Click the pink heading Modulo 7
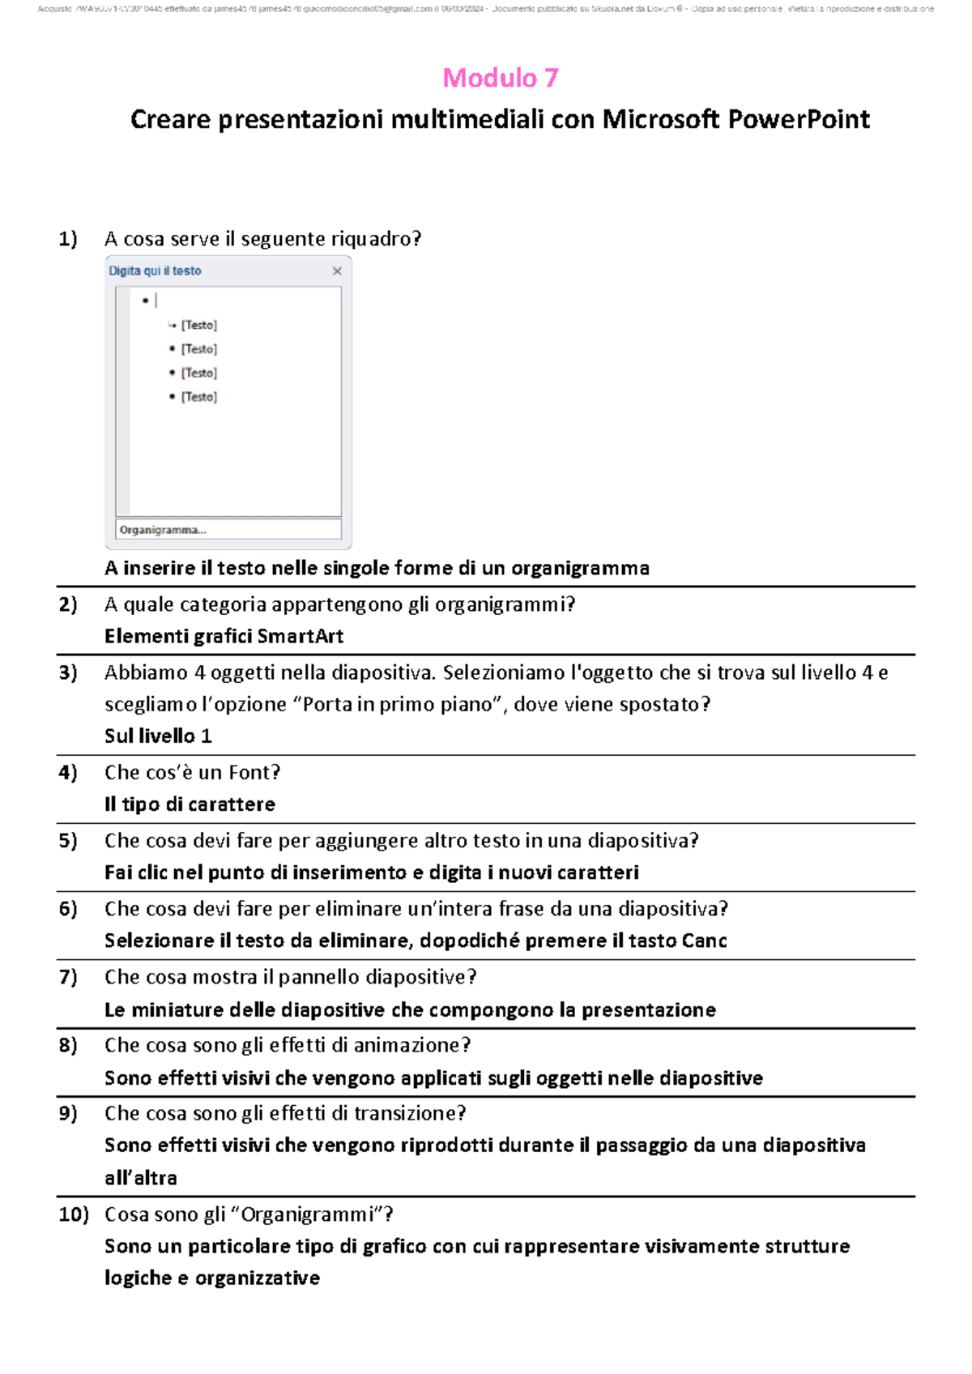500,78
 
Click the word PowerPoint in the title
799,120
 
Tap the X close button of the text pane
337,271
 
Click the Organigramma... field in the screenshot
228,530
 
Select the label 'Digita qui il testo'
155,271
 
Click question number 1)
68,238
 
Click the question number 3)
68,672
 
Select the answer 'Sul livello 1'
158,736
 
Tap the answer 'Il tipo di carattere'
190,804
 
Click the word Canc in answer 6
704,941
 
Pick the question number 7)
68,977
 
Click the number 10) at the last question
73,1214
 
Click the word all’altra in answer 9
140,1178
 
